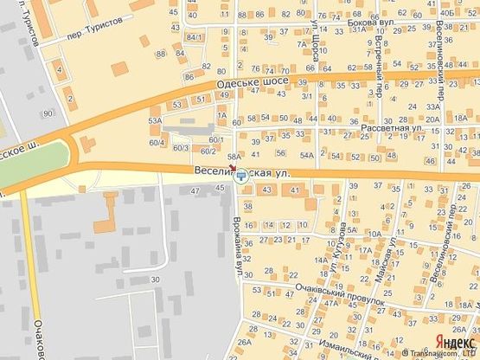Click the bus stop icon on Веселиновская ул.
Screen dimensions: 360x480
tap(240, 176)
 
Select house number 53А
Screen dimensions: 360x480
tap(155, 121)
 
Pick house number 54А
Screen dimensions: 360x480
tap(307, 155)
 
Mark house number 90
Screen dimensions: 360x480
tap(46, 113)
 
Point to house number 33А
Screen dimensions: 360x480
tap(433, 106)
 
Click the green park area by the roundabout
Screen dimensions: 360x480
tap(35, 160)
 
